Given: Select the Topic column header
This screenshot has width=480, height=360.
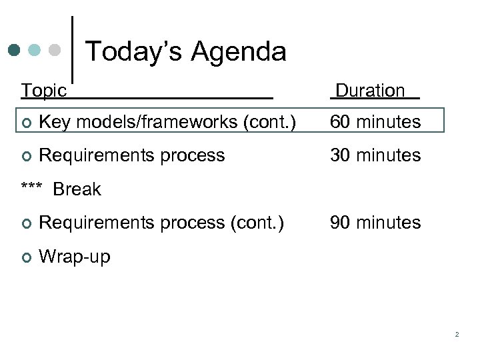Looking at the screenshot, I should tap(44, 91).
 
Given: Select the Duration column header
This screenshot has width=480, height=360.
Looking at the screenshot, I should tap(370, 91).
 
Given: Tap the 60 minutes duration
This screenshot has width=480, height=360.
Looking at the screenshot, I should tap(375, 122).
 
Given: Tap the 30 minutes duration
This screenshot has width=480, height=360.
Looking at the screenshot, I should tap(375, 155).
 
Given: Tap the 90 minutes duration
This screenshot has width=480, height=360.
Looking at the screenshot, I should tap(375, 222).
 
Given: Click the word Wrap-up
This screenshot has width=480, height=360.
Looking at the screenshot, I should tap(75, 256).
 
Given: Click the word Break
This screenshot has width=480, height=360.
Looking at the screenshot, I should tap(77, 189).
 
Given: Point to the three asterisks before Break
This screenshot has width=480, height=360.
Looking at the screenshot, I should tap(32, 188).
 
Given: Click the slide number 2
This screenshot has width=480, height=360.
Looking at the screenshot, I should tap(457, 334).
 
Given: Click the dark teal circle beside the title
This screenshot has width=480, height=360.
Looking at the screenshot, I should tap(15, 50).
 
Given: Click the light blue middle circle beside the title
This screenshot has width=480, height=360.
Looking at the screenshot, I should tap(35, 50).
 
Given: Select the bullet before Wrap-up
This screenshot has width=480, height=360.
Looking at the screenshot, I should tap(25, 257).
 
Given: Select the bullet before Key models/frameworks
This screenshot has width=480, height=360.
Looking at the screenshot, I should tap(25, 123).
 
